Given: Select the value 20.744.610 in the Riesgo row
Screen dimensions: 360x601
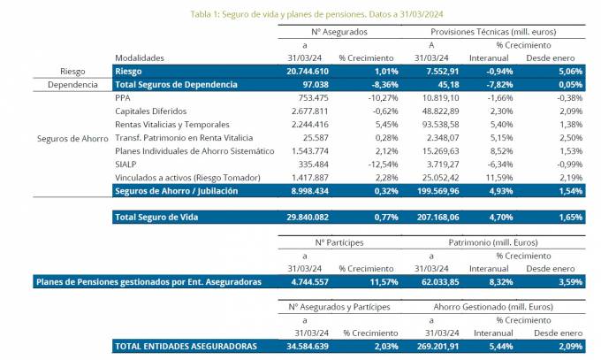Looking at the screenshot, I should (308, 71).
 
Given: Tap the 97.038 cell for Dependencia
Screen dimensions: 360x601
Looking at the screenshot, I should (317, 85).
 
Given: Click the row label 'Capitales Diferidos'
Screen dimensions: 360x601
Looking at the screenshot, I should (151, 111).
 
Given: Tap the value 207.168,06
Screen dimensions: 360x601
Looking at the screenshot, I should (436, 218).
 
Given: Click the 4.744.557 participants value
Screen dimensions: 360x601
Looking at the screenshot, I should (308, 282).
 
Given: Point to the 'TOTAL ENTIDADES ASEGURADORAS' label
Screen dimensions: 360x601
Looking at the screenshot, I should (186, 347).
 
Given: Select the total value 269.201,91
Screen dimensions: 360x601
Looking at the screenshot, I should (436, 347).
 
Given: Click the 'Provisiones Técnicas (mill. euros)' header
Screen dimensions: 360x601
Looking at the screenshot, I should (498, 30).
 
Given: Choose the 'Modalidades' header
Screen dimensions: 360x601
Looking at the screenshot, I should (140, 57).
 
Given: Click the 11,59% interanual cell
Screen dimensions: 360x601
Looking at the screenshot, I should (495, 178).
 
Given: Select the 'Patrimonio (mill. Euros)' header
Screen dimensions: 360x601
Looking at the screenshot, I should (498, 241).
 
